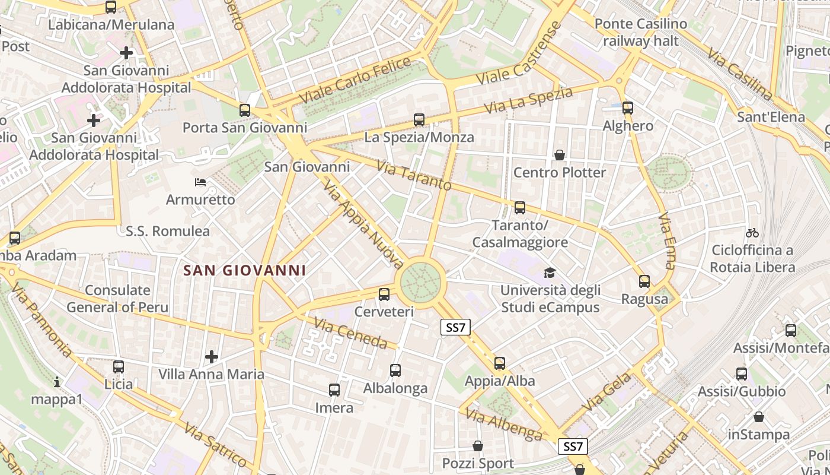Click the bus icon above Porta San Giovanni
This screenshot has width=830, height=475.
click(245, 110)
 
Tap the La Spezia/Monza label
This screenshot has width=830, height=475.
click(419, 137)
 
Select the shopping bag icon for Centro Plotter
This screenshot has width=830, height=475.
click(560, 155)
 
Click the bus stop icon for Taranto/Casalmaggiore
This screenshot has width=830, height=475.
click(520, 207)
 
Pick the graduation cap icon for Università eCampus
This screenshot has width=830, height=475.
click(550, 273)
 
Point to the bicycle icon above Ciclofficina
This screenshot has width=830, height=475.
click(752, 232)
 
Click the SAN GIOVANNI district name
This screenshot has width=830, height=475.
click(245, 270)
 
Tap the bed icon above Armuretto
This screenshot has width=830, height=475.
click(200, 182)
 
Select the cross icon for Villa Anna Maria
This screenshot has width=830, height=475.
click(212, 356)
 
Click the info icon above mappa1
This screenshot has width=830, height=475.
click(57, 382)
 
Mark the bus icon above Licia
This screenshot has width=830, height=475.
click(119, 366)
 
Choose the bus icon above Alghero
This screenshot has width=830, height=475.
click(628, 107)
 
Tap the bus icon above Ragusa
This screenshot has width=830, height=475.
click(644, 281)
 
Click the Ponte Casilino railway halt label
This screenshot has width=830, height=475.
click(640, 33)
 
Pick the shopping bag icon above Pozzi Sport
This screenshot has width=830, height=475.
click(478, 445)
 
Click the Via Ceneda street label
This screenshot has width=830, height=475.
click(350, 334)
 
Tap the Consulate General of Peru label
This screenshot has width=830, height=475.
click(117, 299)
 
